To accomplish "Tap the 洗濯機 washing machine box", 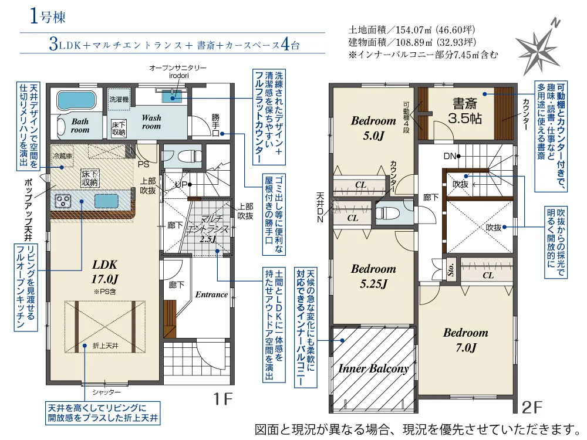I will pyautogui.click(x=119, y=99).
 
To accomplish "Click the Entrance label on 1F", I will pyautogui.click(x=211, y=295).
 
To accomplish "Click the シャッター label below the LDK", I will pyautogui.click(x=106, y=392).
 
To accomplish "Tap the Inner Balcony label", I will pyautogui.click(x=373, y=369).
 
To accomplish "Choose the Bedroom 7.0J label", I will pyautogui.click(x=465, y=339).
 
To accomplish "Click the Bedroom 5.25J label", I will pyautogui.click(x=373, y=276).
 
